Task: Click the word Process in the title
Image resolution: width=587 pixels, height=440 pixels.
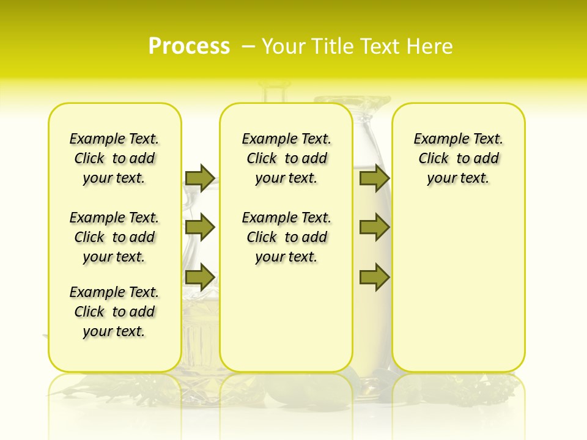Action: (x=189, y=46)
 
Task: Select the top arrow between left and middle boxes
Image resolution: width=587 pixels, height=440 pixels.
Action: (x=199, y=178)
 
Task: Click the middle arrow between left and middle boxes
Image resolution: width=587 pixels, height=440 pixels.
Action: (x=199, y=228)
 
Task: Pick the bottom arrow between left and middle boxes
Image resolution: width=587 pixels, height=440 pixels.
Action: (x=199, y=277)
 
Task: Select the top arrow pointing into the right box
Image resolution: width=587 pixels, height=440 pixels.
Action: (x=374, y=178)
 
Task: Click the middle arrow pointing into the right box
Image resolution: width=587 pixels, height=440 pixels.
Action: (x=374, y=228)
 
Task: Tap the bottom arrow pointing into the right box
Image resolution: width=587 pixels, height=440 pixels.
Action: (x=374, y=277)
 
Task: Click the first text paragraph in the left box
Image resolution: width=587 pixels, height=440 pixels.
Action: (x=114, y=158)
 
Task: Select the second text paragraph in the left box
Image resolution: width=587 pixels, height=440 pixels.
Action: (x=114, y=237)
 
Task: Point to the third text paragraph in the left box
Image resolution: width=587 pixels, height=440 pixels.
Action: (x=114, y=312)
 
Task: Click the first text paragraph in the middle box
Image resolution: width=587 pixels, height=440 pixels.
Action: (x=286, y=158)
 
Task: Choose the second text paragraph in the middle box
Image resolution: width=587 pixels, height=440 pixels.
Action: (x=286, y=237)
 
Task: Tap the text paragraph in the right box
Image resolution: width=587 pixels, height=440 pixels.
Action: (x=458, y=158)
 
